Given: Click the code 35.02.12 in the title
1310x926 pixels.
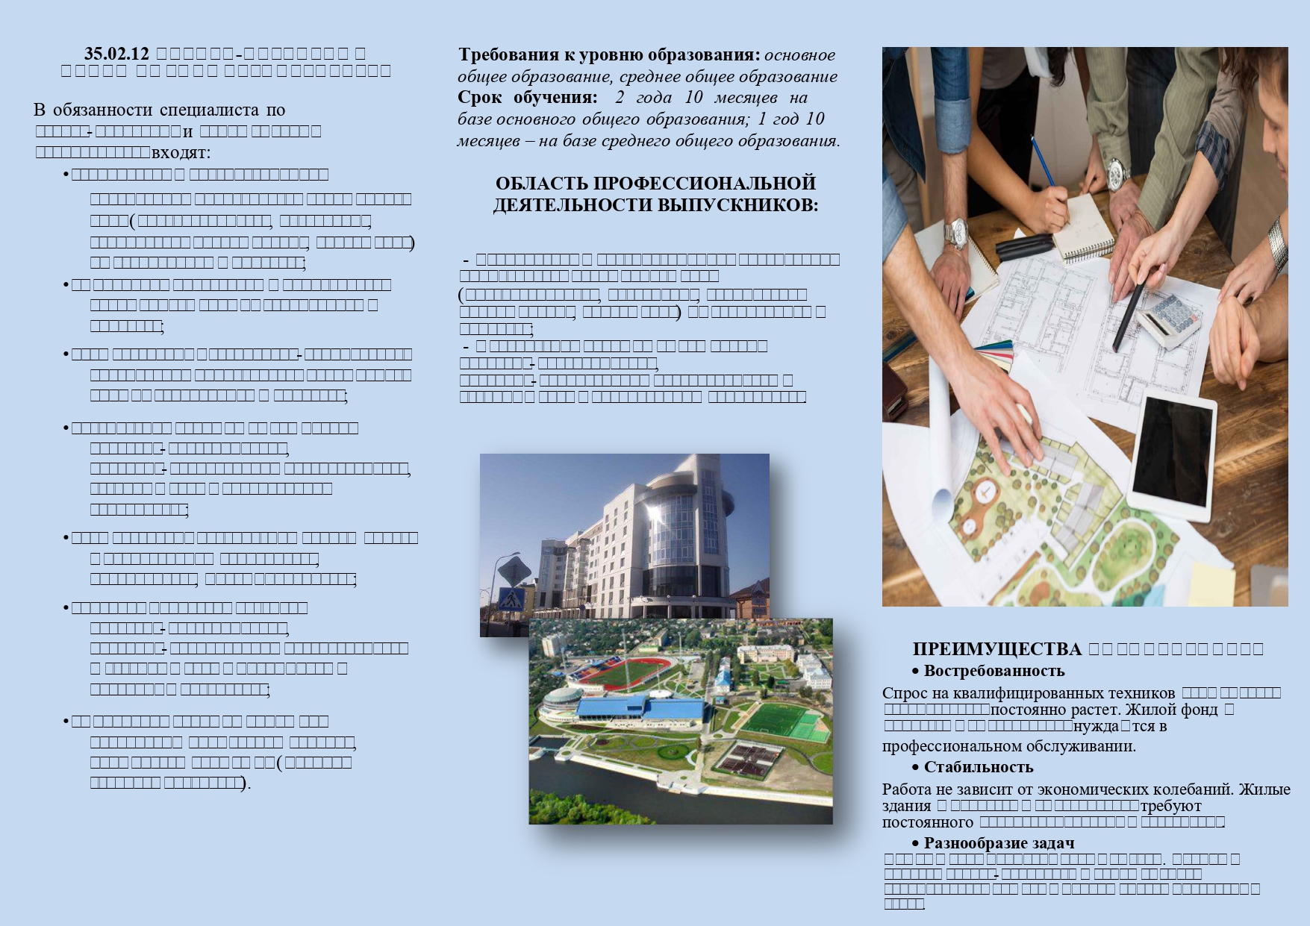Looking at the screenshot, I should [117, 54].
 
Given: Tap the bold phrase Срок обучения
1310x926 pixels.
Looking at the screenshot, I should [527, 98].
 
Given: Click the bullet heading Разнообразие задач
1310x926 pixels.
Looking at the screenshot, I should [999, 843].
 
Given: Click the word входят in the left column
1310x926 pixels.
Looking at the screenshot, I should [181, 153].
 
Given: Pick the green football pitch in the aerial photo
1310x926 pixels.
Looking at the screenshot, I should [777, 721].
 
